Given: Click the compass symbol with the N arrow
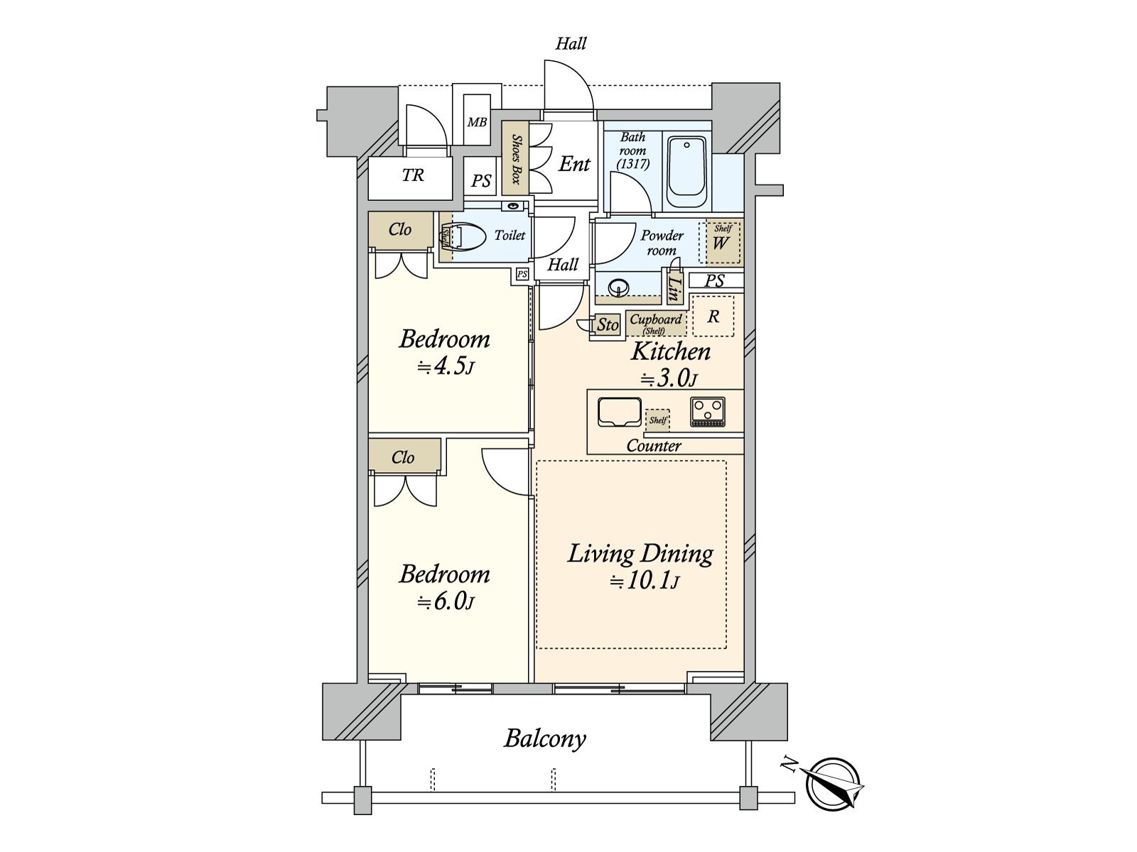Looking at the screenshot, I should pos(832,784).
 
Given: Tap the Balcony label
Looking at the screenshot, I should pos(545,738).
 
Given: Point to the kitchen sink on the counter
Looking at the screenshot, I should pos(618,413).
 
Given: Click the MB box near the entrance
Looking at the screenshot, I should pos(477,122).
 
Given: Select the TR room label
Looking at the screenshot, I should pos(412,175).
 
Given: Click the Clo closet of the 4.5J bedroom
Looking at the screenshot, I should pos(400,229).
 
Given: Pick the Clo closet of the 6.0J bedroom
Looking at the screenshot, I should pos(403,457).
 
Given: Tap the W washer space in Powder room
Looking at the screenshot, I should pos(721,243).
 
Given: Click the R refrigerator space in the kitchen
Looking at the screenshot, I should pos(713,316).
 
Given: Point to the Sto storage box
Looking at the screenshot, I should pos(607,325).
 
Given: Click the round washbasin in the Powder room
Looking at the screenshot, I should pos(619,288).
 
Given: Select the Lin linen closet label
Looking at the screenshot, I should pos(674,288).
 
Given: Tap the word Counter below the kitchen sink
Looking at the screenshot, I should pos(654,446).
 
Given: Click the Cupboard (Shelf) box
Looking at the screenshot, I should pos(655,323).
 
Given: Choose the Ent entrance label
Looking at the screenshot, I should pos(574,164).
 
